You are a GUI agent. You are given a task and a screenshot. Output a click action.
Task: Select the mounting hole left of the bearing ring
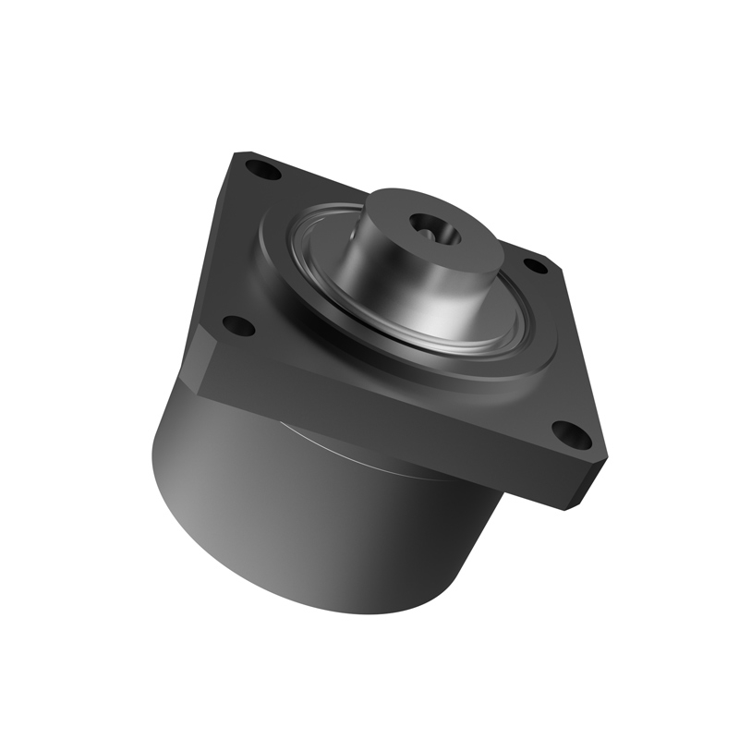(x=238, y=325)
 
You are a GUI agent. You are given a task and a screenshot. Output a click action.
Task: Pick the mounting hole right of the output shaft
(x=536, y=266)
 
